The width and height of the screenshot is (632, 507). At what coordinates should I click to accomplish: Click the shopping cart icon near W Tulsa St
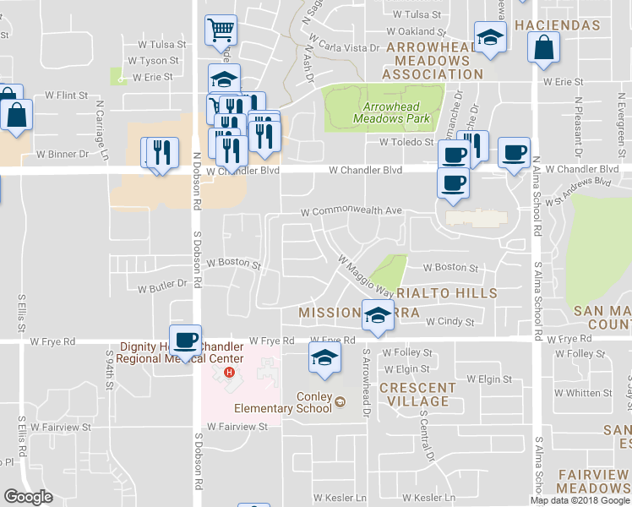[221, 31]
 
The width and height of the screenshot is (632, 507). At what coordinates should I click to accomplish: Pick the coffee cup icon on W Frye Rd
[186, 340]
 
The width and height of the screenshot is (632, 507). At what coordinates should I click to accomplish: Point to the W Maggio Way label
[366, 276]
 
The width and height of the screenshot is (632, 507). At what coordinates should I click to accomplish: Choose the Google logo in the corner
[28, 497]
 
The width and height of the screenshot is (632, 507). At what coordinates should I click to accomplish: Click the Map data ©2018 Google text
[580, 500]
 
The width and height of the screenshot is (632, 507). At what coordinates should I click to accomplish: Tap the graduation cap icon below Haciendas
[488, 38]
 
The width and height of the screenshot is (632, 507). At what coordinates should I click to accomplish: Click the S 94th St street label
[110, 370]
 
